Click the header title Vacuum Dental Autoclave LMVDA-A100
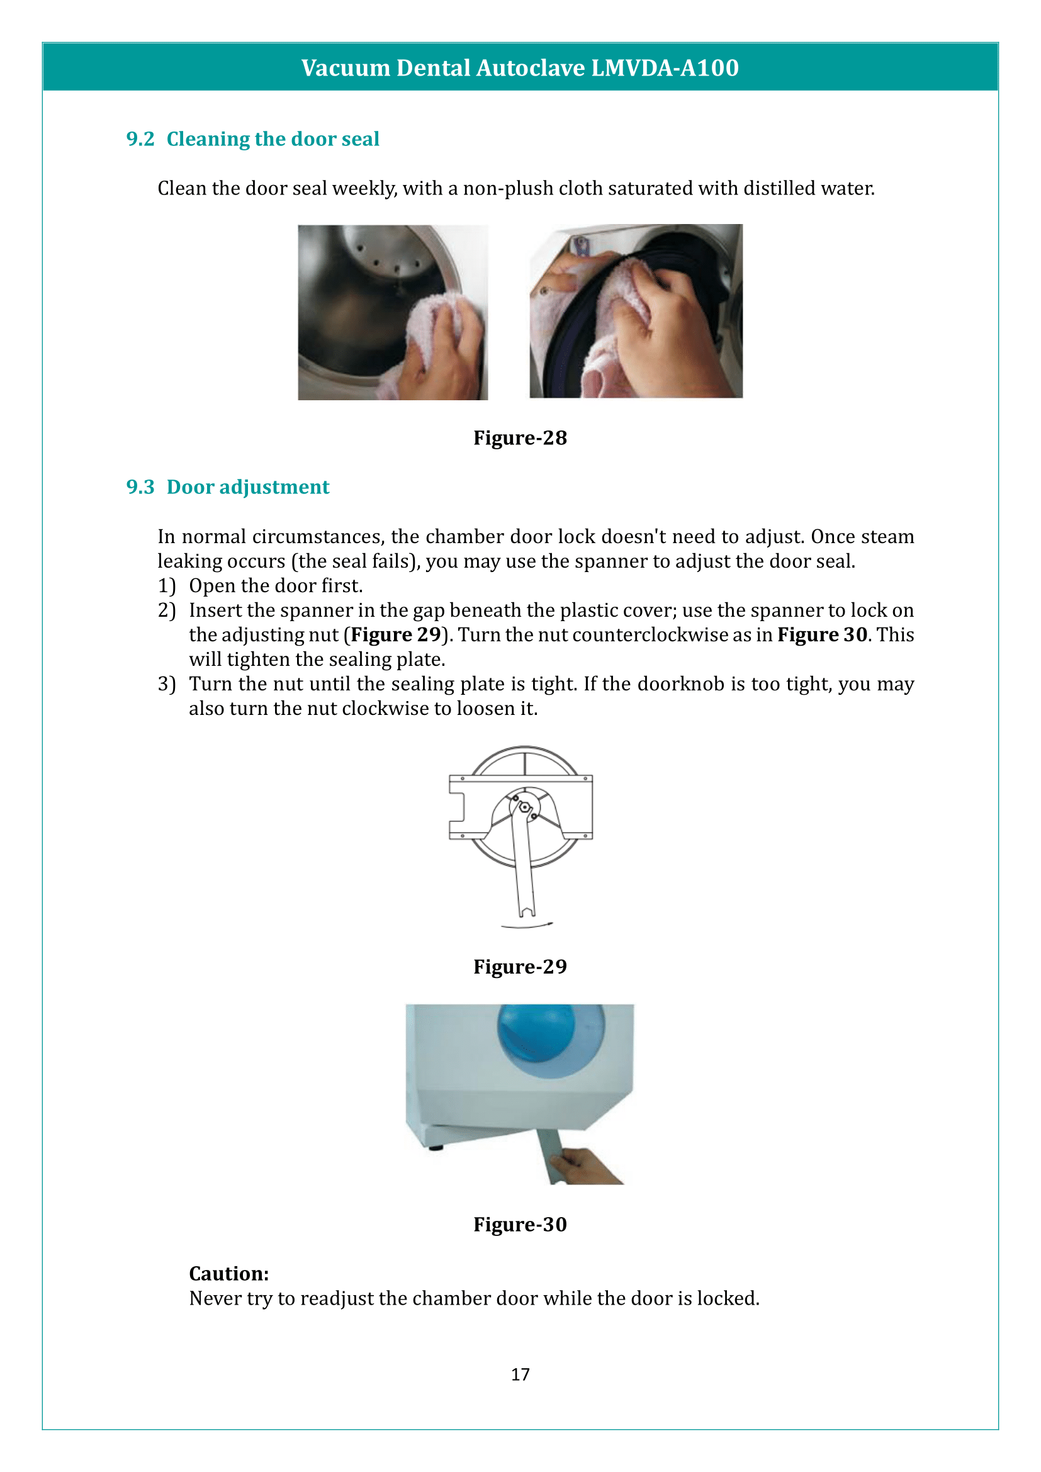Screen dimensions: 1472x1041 pyautogui.click(x=520, y=68)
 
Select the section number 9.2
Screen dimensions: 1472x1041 pyautogui.click(x=140, y=139)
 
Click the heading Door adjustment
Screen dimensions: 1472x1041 pyautogui.click(x=247, y=487)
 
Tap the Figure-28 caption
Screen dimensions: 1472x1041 pyautogui.click(x=520, y=438)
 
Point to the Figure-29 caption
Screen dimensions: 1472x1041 pyautogui.click(x=520, y=967)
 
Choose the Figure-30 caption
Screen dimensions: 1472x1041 pyautogui.click(x=520, y=1225)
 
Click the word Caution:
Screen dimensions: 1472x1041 pyautogui.click(x=229, y=1274)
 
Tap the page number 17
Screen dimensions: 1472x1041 pyautogui.click(x=520, y=1374)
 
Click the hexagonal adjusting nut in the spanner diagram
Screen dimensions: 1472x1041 pyautogui.click(x=524, y=807)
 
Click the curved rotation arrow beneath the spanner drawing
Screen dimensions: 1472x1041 pyautogui.click(x=527, y=926)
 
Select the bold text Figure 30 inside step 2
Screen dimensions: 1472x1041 pyautogui.click(x=822, y=635)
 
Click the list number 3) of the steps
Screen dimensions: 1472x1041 pyautogui.click(x=167, y=684)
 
